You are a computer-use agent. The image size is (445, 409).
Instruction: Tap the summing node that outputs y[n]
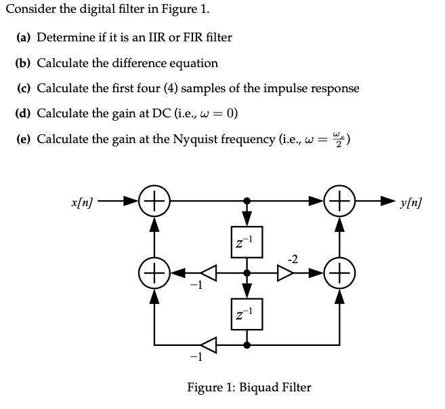click(339, 201)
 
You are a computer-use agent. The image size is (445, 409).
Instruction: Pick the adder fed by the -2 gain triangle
click(339, 274)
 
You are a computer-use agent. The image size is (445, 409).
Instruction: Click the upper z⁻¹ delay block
click(247, 241)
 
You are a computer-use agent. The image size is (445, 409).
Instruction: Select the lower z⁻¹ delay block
click(247, 313)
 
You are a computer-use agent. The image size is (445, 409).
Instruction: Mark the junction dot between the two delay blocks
click(247, 274)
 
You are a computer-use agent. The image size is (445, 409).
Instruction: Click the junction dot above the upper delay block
click(247, 201)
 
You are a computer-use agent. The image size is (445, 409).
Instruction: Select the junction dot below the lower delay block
click(247, 345)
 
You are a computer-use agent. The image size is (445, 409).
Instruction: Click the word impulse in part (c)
click(274, 88)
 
